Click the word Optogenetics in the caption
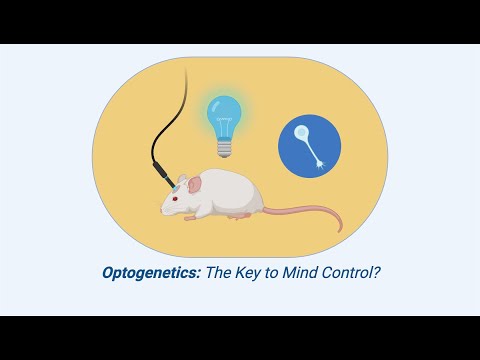(x=151, y=271)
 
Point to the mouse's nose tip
(x=163, y=208)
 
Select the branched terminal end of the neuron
(x=322, y=162)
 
